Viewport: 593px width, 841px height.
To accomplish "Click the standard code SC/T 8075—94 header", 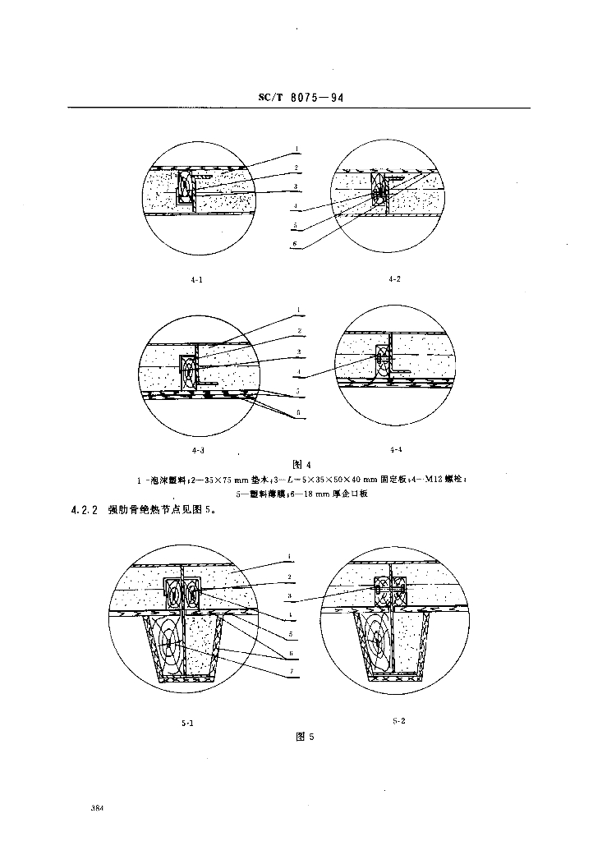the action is (300, 98).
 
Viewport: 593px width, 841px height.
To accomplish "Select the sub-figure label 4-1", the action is (196, 279).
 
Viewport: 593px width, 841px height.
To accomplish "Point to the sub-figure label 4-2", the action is (395, 279).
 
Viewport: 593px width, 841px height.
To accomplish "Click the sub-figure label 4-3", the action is (198, 449).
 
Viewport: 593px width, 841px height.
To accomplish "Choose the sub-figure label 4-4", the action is (396, 449).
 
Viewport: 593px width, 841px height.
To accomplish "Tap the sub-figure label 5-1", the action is (186, 723).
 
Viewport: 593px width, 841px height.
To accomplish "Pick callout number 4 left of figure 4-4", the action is (301, 374).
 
